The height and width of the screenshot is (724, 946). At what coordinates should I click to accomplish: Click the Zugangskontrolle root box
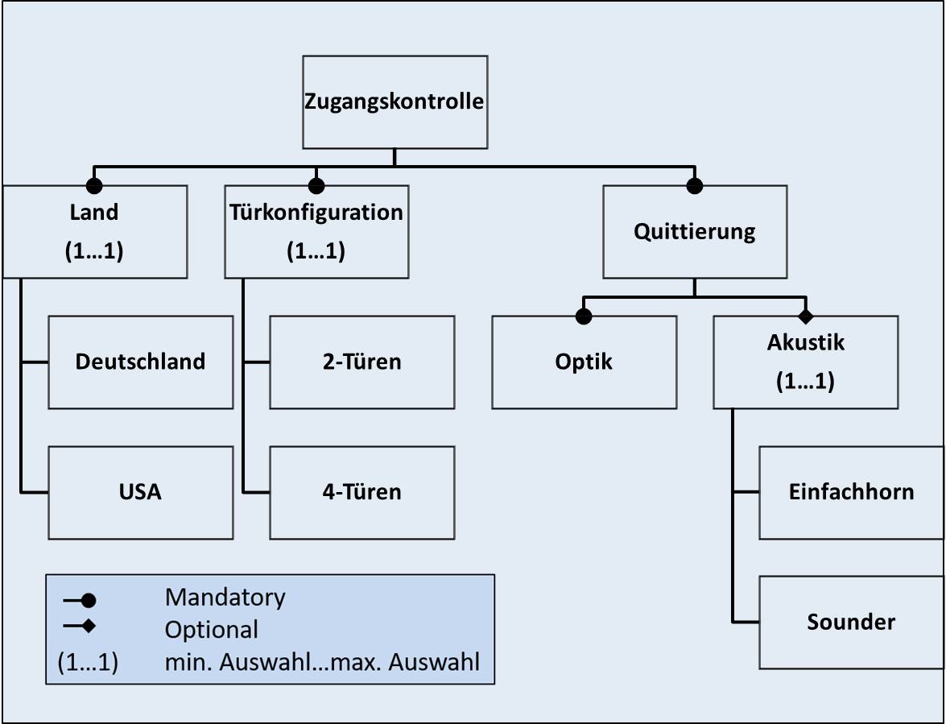tap(395, 101)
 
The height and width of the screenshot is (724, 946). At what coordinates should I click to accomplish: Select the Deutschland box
tap(140, 362)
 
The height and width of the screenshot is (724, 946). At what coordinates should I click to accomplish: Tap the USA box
tap(140, 492)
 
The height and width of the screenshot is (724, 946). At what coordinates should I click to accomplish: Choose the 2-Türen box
tap(361, 362)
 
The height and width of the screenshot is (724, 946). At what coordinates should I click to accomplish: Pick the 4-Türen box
tap(361, 492)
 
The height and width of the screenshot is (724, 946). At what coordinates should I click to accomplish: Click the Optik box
tap(584, 362)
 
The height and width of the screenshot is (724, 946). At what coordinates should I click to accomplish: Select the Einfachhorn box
tap(851, 492)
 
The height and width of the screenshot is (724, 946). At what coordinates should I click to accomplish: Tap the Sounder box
tap(851, 622)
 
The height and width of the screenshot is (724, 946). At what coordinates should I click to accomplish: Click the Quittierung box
tap(695, 232)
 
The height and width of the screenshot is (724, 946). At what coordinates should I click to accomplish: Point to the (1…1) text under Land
tap(94, 251)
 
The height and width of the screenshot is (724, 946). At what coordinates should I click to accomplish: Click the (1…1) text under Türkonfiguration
tap(316, 251)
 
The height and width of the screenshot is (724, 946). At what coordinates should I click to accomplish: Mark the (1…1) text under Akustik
tap(805, 382)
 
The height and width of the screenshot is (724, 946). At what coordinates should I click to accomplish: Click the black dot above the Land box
tap(94, 186)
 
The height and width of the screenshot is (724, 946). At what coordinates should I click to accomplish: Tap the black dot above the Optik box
tap(584, 316)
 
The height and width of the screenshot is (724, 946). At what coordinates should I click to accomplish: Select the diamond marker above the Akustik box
tap(805, 316)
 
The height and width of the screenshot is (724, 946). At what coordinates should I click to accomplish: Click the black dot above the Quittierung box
tap(695, 186)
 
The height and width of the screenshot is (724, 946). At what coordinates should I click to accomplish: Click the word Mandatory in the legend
tap(225, 598)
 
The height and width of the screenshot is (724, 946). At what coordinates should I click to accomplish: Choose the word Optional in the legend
tap(211, 629)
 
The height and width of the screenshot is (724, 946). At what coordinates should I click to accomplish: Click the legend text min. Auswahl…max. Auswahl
tap(322, 663)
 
